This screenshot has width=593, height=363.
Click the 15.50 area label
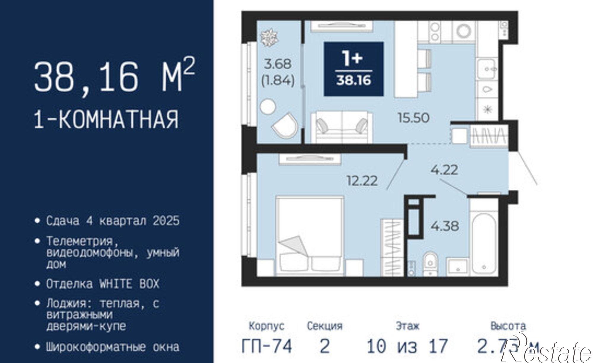coord(413,118)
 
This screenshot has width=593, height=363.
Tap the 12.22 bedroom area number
coord(362,181)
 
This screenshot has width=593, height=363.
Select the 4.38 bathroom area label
coord(445,226)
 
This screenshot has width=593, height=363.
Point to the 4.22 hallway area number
coord(444,170)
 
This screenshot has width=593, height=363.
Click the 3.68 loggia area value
coord(278,64)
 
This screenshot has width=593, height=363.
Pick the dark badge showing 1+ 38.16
coord(354,69)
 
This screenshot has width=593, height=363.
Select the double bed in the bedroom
coord(310,236)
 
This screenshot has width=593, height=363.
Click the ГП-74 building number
coord(267,346)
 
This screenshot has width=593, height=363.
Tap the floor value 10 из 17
coord(407,346)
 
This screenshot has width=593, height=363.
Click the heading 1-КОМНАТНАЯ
coord(106,119)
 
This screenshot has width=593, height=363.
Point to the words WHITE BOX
coord(129,284)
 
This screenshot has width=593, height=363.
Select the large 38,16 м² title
coord(114,76)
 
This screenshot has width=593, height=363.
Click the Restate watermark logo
coord(549,352)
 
